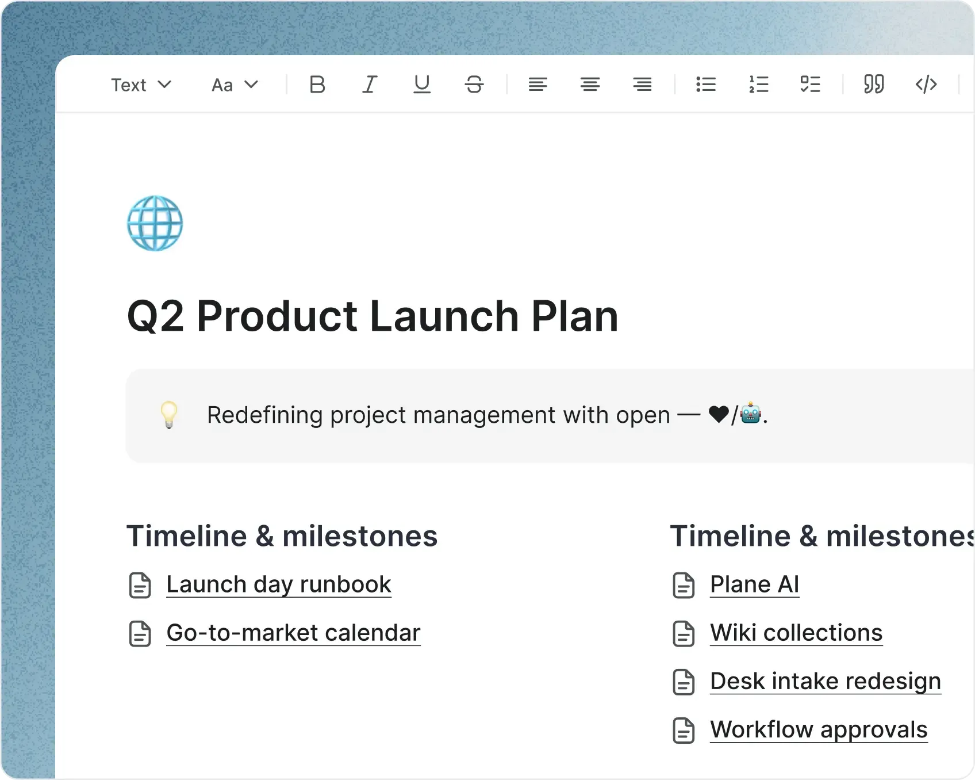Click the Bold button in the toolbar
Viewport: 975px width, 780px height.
(x=317, y=85)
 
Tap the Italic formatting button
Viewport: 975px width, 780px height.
(x=370, y=85)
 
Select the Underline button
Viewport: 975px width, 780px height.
(x=422, y=85)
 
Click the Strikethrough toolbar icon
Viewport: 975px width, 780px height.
(x=474, y=85)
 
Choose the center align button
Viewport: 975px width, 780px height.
(x=590, y=85)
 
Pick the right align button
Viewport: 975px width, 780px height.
(x=642, y=85)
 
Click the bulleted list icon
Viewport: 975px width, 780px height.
(x=706, y=85)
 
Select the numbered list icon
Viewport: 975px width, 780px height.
(x=758, y=85)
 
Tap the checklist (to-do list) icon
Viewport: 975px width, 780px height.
(x=811, y=85)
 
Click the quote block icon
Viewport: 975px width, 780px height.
(x=874, y=85)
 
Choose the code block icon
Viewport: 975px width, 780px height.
(x=926, y=85)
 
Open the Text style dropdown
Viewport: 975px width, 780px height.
(x=141, y=85)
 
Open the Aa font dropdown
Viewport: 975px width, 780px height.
(x=235, y=85)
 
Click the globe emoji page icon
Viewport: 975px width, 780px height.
(x=155, y=223)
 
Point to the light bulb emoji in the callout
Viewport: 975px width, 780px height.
(x=169, y=415)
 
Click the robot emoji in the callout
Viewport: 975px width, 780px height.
(x=751, y=414)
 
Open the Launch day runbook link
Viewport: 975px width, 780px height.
(x=279, y=584)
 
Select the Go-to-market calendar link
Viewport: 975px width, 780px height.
(x=293, y=633)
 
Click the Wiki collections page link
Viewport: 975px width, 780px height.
(x=796, y=633)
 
